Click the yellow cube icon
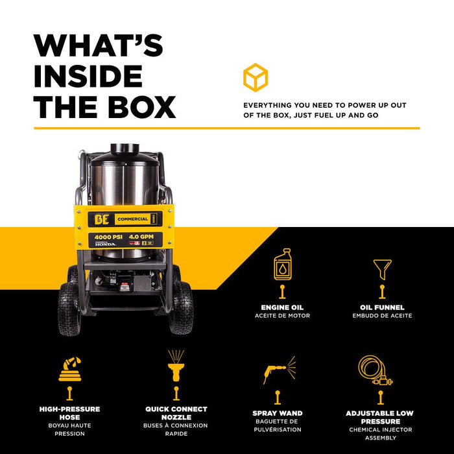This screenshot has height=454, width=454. pyautogui.click(x=256, y=77)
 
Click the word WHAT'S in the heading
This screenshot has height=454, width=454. pyautogui.click(x=99, y=46)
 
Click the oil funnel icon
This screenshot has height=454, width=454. pyautogui.click(x=382, y=268)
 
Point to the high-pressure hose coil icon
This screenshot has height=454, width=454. pyautogui.click(x=69, y=368)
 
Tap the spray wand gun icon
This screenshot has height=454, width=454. pyautogui.click(x=279, y=370)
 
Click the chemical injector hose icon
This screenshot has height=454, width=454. pyautogui.click(x=376, y=370)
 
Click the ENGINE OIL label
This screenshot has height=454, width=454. pyautogui.click(x=282, y=307)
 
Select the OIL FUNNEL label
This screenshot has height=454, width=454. pyautogui.click(x=382, y=307)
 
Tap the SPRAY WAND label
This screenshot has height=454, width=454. pyautogui.click(x=277, y=413)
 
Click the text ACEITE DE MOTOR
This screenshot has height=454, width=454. pyautogui.click(x=282, y=316)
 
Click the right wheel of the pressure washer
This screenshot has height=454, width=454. pyautogui.click(x=181, y=307)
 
